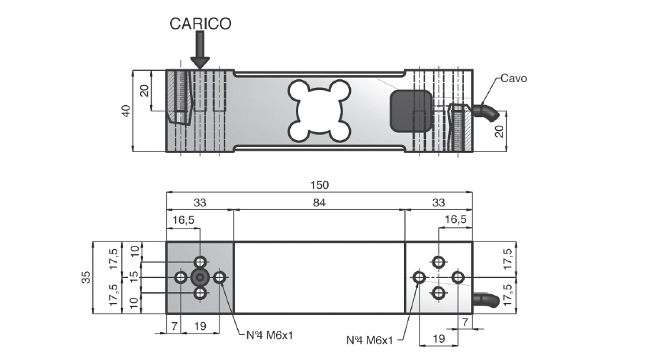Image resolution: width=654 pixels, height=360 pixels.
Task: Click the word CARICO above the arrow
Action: coord(200,24)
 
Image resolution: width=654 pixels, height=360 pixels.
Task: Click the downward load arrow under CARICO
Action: coord(200,51)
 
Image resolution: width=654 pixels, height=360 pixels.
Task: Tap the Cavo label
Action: coord(513,79)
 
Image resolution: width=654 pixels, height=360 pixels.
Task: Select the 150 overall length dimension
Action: coord(319,184)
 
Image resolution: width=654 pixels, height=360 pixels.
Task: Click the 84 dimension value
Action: coord(319,203)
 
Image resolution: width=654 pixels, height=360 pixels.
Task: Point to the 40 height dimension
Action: coord(126,111)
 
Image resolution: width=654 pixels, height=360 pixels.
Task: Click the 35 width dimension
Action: coord(86,277)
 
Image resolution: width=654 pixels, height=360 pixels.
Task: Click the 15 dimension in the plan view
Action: coord(134,277)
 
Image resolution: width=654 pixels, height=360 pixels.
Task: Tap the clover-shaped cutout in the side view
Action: coord(319,111)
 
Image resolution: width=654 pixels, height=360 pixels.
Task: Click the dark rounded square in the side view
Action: coord(411,111)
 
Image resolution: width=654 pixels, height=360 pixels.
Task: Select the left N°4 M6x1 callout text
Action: coord(269,335)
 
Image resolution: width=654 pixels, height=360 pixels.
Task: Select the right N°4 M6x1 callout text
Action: coord(370,340)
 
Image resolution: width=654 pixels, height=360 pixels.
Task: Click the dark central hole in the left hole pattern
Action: coord(200,277)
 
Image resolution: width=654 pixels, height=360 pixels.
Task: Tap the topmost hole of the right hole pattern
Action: coord(438,262)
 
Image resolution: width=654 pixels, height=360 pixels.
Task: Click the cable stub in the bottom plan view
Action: coord(486,300)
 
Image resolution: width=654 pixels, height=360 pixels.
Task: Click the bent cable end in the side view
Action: coord(486,111)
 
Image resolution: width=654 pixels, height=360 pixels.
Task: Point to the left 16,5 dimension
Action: coord(184,219)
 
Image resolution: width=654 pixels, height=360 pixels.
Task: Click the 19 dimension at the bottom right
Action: coord(438,339)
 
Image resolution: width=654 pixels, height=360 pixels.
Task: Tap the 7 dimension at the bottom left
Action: coord(174,326)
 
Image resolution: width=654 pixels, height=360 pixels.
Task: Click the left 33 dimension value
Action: coord(200,203)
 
